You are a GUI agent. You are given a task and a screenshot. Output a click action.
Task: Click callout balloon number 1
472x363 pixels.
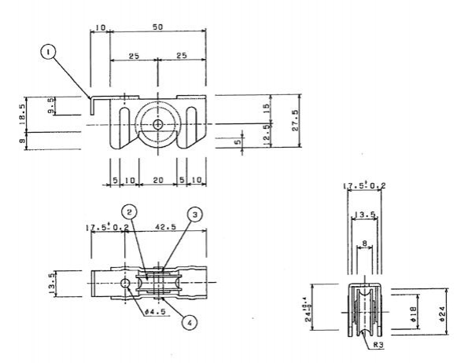50,52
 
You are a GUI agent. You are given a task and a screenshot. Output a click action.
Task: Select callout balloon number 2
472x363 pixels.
130,212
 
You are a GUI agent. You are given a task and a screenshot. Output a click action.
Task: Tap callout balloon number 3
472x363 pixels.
193,214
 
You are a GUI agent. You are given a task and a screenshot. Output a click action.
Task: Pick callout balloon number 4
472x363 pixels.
190,321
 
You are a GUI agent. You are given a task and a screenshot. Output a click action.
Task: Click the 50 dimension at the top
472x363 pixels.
157,27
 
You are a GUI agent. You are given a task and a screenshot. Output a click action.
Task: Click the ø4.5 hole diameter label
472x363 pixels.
157,310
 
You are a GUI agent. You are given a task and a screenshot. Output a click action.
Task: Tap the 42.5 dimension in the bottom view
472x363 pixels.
167,228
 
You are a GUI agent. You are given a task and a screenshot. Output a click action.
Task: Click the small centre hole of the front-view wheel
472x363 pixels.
157,125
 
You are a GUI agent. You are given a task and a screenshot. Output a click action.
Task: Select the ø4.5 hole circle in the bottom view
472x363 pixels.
124,283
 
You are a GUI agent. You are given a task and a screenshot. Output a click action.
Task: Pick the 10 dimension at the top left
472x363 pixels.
99,27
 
